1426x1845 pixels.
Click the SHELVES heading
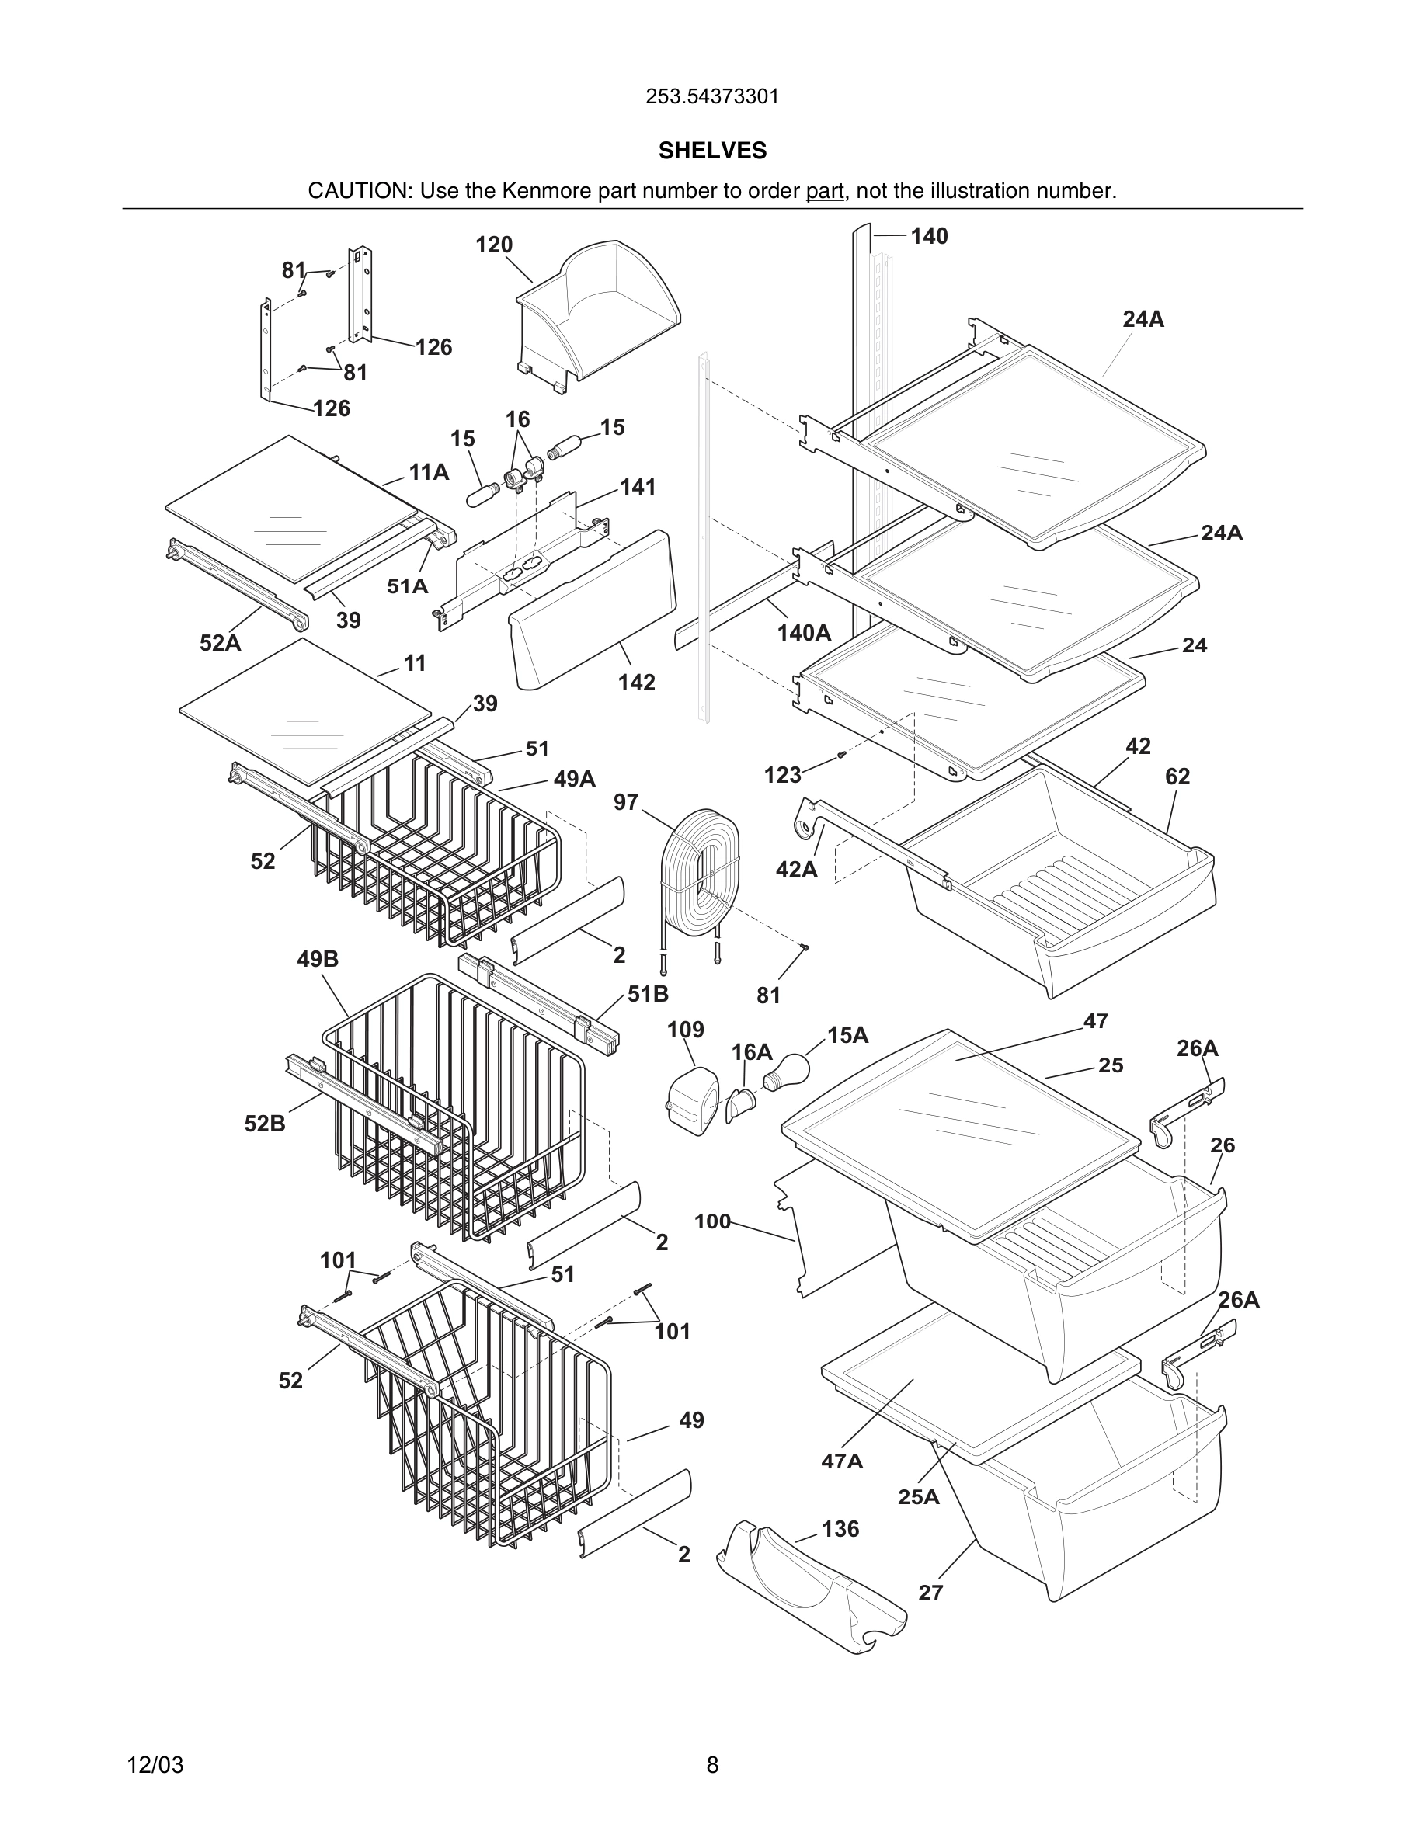(712, 151)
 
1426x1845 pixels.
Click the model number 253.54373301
(712, 96)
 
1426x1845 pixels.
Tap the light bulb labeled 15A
(787, 1071)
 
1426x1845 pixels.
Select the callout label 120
(494, 245)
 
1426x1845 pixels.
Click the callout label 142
(636, 682)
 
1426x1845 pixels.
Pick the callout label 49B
(318, 959)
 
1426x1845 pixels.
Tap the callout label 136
(840, 1528)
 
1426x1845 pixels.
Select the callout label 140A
(804, 633)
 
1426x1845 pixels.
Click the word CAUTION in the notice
(358, 191)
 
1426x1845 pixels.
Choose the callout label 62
(1177, 777)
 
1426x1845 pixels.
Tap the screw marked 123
(841, 755)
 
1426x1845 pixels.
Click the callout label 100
(712, 1221)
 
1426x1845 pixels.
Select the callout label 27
(930, 1592)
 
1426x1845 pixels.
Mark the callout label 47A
(841, 1461)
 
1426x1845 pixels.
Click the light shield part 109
(693, 1101)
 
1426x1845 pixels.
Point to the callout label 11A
(430, 472)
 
